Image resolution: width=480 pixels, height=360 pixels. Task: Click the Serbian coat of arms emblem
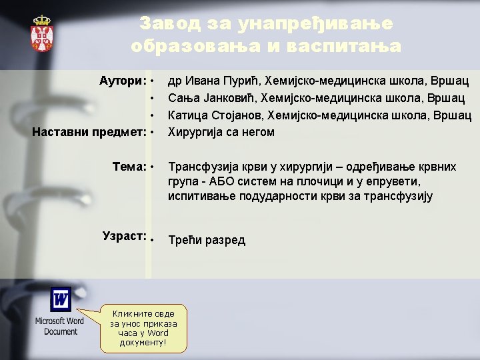point(41,34)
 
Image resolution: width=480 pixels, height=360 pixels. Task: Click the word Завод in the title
point(166,24)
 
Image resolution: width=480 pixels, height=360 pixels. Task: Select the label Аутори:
point(123,81)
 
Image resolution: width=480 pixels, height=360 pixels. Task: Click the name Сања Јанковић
point(212,98)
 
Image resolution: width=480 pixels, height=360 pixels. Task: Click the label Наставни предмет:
point(89,131)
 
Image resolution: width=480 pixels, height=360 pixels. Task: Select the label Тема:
point(129,165)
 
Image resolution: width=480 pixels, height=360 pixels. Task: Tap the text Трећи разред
point(207,240)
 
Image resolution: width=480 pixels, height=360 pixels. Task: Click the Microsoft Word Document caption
point(60,326)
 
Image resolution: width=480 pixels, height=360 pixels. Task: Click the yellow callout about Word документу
point(143,327)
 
